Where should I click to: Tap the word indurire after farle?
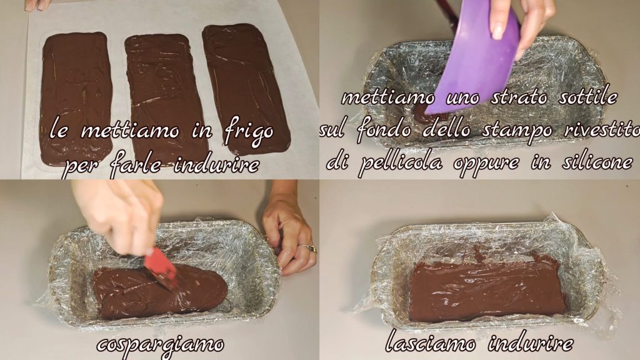click(x=216, y=165)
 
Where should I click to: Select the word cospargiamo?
click(x=160, y=345)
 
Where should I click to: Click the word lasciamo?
click(x=431, y=343)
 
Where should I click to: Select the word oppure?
click(x=487, y=164)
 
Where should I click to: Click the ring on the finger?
click(x=309, y=247)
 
